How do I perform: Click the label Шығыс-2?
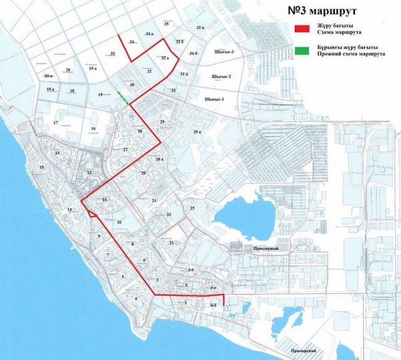click(x=221, y=77)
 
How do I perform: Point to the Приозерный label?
click(x=265, y=248)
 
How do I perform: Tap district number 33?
click(x=113, y=53)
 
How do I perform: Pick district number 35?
click(x=166, y=23)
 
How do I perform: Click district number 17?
click(x=56, y=122)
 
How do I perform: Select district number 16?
click(x=94, y=128)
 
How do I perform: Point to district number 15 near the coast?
click(x=41, y=167)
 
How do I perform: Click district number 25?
click(x=192, y=209)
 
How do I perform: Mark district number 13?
click(x=57, y=153)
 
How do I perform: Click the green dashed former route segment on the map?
click(x=124, y=98)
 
